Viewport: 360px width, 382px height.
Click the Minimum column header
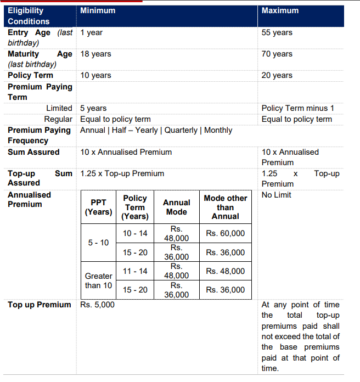[x=98, y=11]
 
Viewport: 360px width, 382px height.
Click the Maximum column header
[x=280, y=11]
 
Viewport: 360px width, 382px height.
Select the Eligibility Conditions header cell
[x=29, y=16]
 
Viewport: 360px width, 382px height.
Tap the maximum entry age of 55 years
[x=277, y=32]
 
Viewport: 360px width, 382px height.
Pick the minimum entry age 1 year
[x=91, y=32]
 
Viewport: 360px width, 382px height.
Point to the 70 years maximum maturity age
[x=277, y=54]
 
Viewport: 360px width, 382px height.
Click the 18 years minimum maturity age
[x=95, y=54]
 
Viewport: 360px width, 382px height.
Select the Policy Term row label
[x=30, y=75]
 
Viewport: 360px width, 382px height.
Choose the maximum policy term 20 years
[x=277, y=75]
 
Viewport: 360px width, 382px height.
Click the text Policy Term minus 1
[x=297, y=108]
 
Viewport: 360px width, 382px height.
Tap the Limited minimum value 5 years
[x=93, y=108]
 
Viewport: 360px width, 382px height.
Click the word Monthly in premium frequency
[x=218, y=130]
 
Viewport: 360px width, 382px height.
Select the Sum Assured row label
[x=33, y=152]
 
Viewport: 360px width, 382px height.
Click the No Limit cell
[x=277, y=195]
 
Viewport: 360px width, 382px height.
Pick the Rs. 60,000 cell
[x=226, y=233]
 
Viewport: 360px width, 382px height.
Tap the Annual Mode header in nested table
[x=176, y=207]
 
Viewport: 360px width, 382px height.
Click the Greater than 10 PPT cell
[x=98, y=280]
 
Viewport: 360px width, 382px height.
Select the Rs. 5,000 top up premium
[x=97, y=305]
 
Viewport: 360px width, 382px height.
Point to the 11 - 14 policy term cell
[x=135, y=271]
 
